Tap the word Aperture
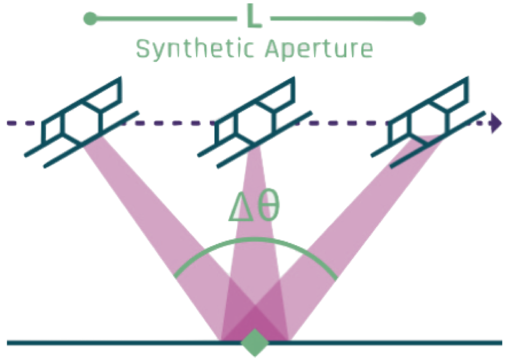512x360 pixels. pyautogui.click(x=319, y=49)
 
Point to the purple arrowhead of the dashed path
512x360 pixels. pyautogui.click(x=495, y=123)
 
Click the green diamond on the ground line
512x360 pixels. pyautogui.click(x=255, y=342)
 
